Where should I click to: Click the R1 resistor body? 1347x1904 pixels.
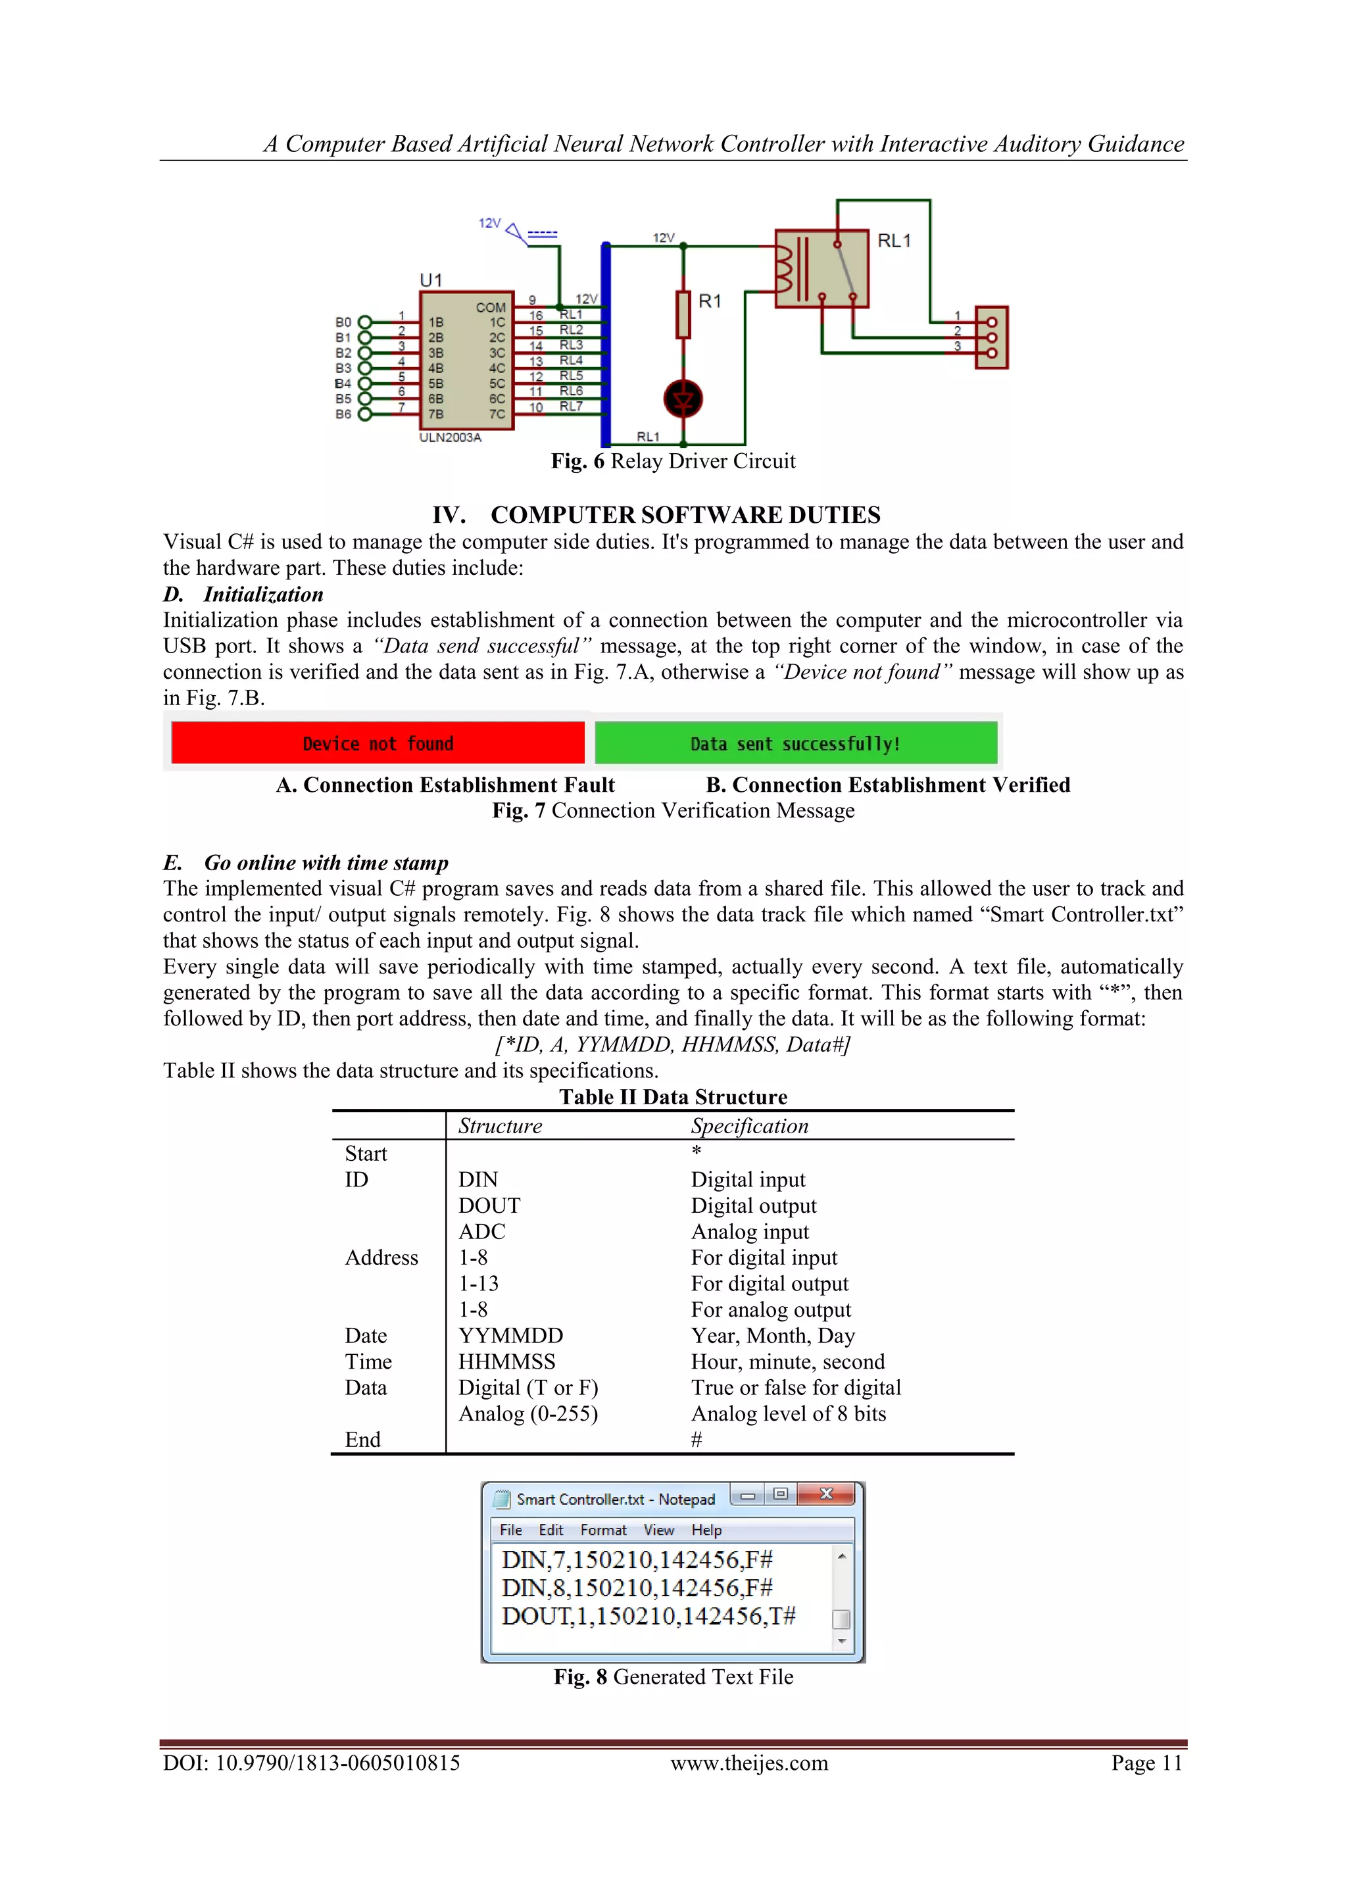coord(683,314)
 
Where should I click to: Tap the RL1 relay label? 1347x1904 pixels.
coord(894,241)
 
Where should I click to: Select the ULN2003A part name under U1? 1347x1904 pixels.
coord(451,437)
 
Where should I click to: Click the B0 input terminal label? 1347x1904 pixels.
coord(343,322)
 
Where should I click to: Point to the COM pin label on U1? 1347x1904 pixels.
coord(490,308)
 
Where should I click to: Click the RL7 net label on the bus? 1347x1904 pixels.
coord(571,406)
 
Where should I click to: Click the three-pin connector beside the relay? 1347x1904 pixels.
coord(992,337)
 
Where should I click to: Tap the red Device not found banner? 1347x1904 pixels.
coord(378,743)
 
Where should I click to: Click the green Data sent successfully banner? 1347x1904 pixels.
coord(795,743)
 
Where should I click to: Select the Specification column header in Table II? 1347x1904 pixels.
coord(749,1126)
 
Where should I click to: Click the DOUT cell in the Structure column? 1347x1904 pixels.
coord(489,1206)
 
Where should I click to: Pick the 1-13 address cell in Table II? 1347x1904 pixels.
coord(479,1284)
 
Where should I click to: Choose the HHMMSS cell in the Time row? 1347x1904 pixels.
coord(507,1361)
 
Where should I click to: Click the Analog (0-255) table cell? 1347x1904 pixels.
coord(528,1414)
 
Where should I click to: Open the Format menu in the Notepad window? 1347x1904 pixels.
coord(603,1530)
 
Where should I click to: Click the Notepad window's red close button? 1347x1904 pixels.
coord(825,1494)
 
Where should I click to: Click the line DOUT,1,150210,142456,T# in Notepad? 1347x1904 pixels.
coord(649,1616)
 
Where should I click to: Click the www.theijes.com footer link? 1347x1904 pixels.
coord(749,1763)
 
